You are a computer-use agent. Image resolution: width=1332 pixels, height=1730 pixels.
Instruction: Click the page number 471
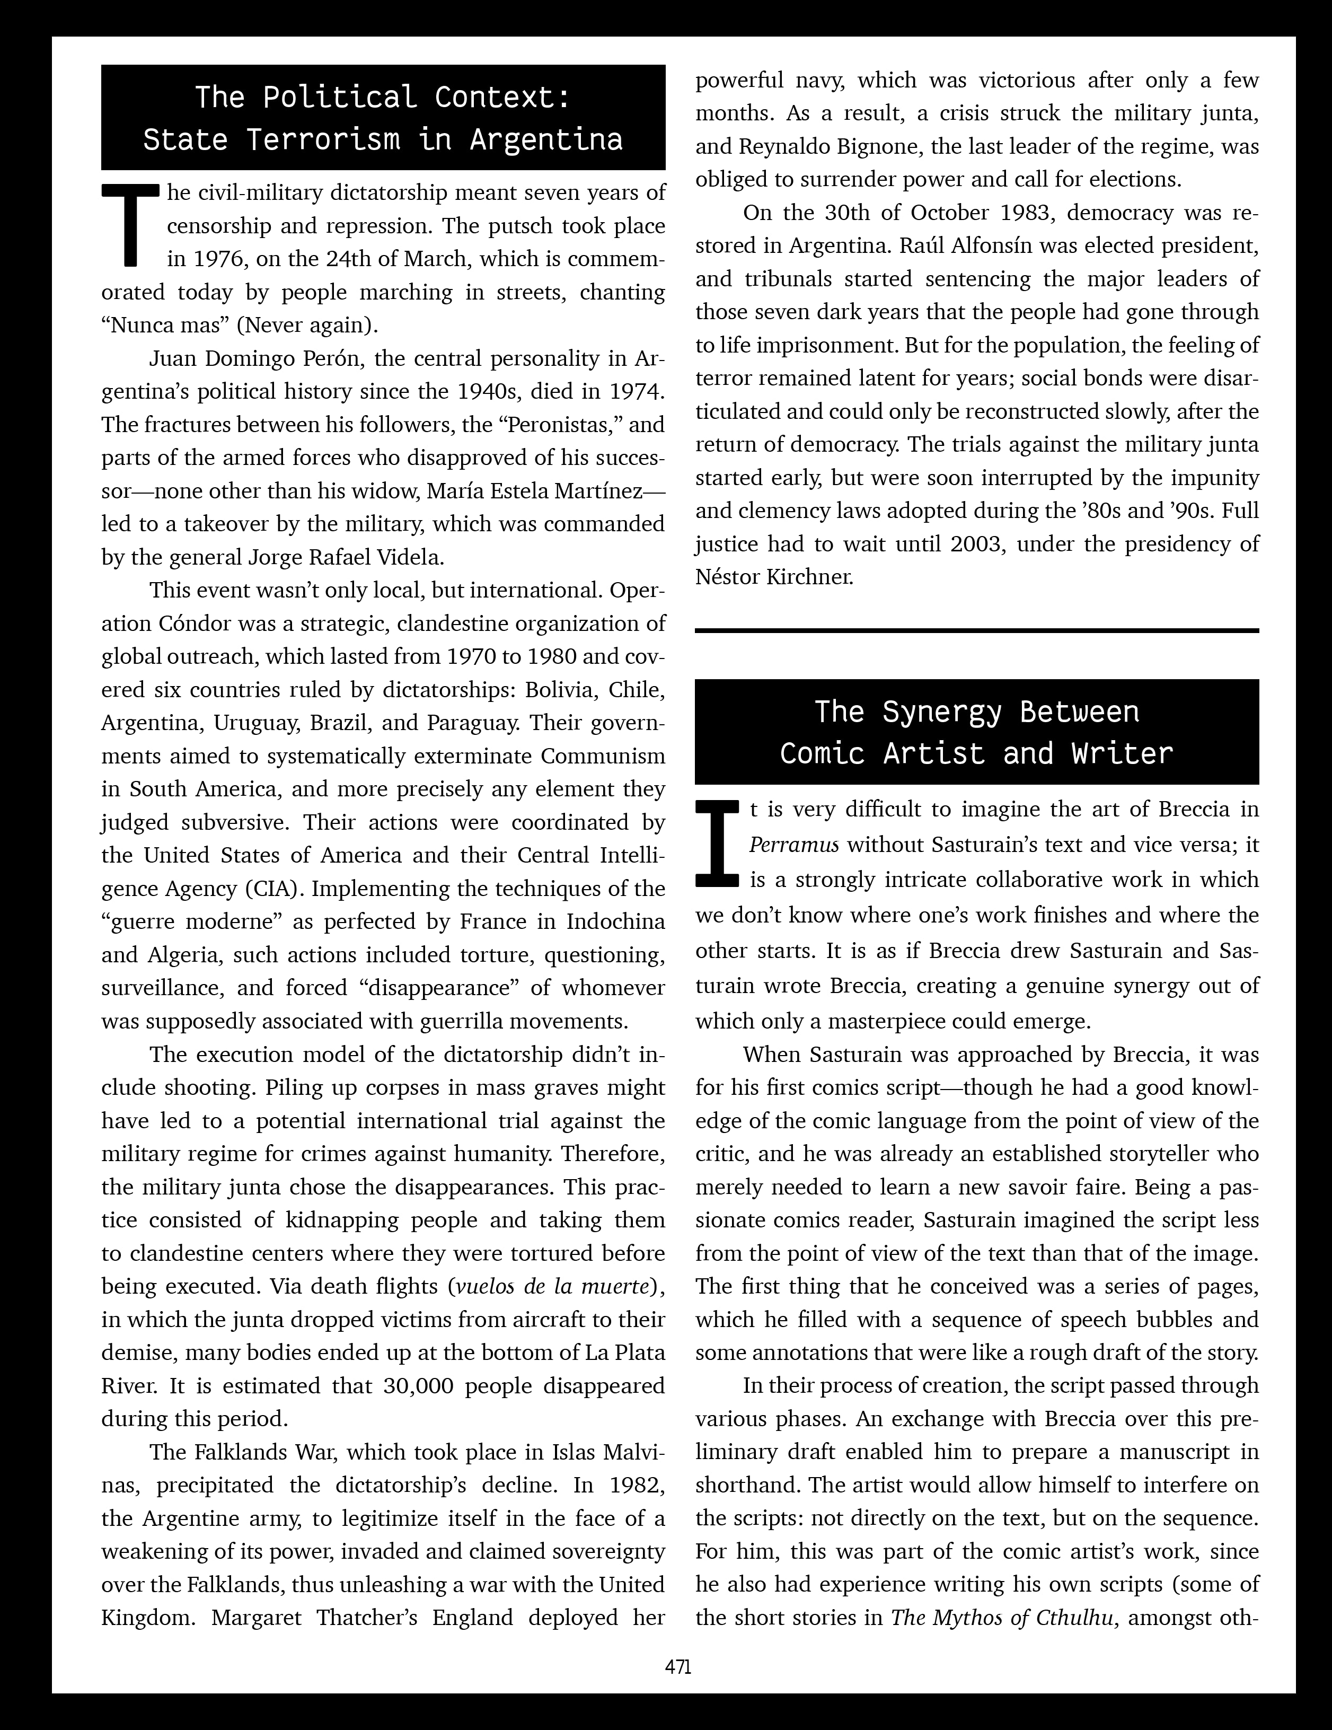[x=678, y=1666]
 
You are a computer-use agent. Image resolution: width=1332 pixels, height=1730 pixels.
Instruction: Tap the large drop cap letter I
[x=717, y=843]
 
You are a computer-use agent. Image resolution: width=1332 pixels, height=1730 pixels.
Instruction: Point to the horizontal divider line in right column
[x=976, y=630]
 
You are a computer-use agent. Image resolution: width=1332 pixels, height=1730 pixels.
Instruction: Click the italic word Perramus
[x=793, y=845]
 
